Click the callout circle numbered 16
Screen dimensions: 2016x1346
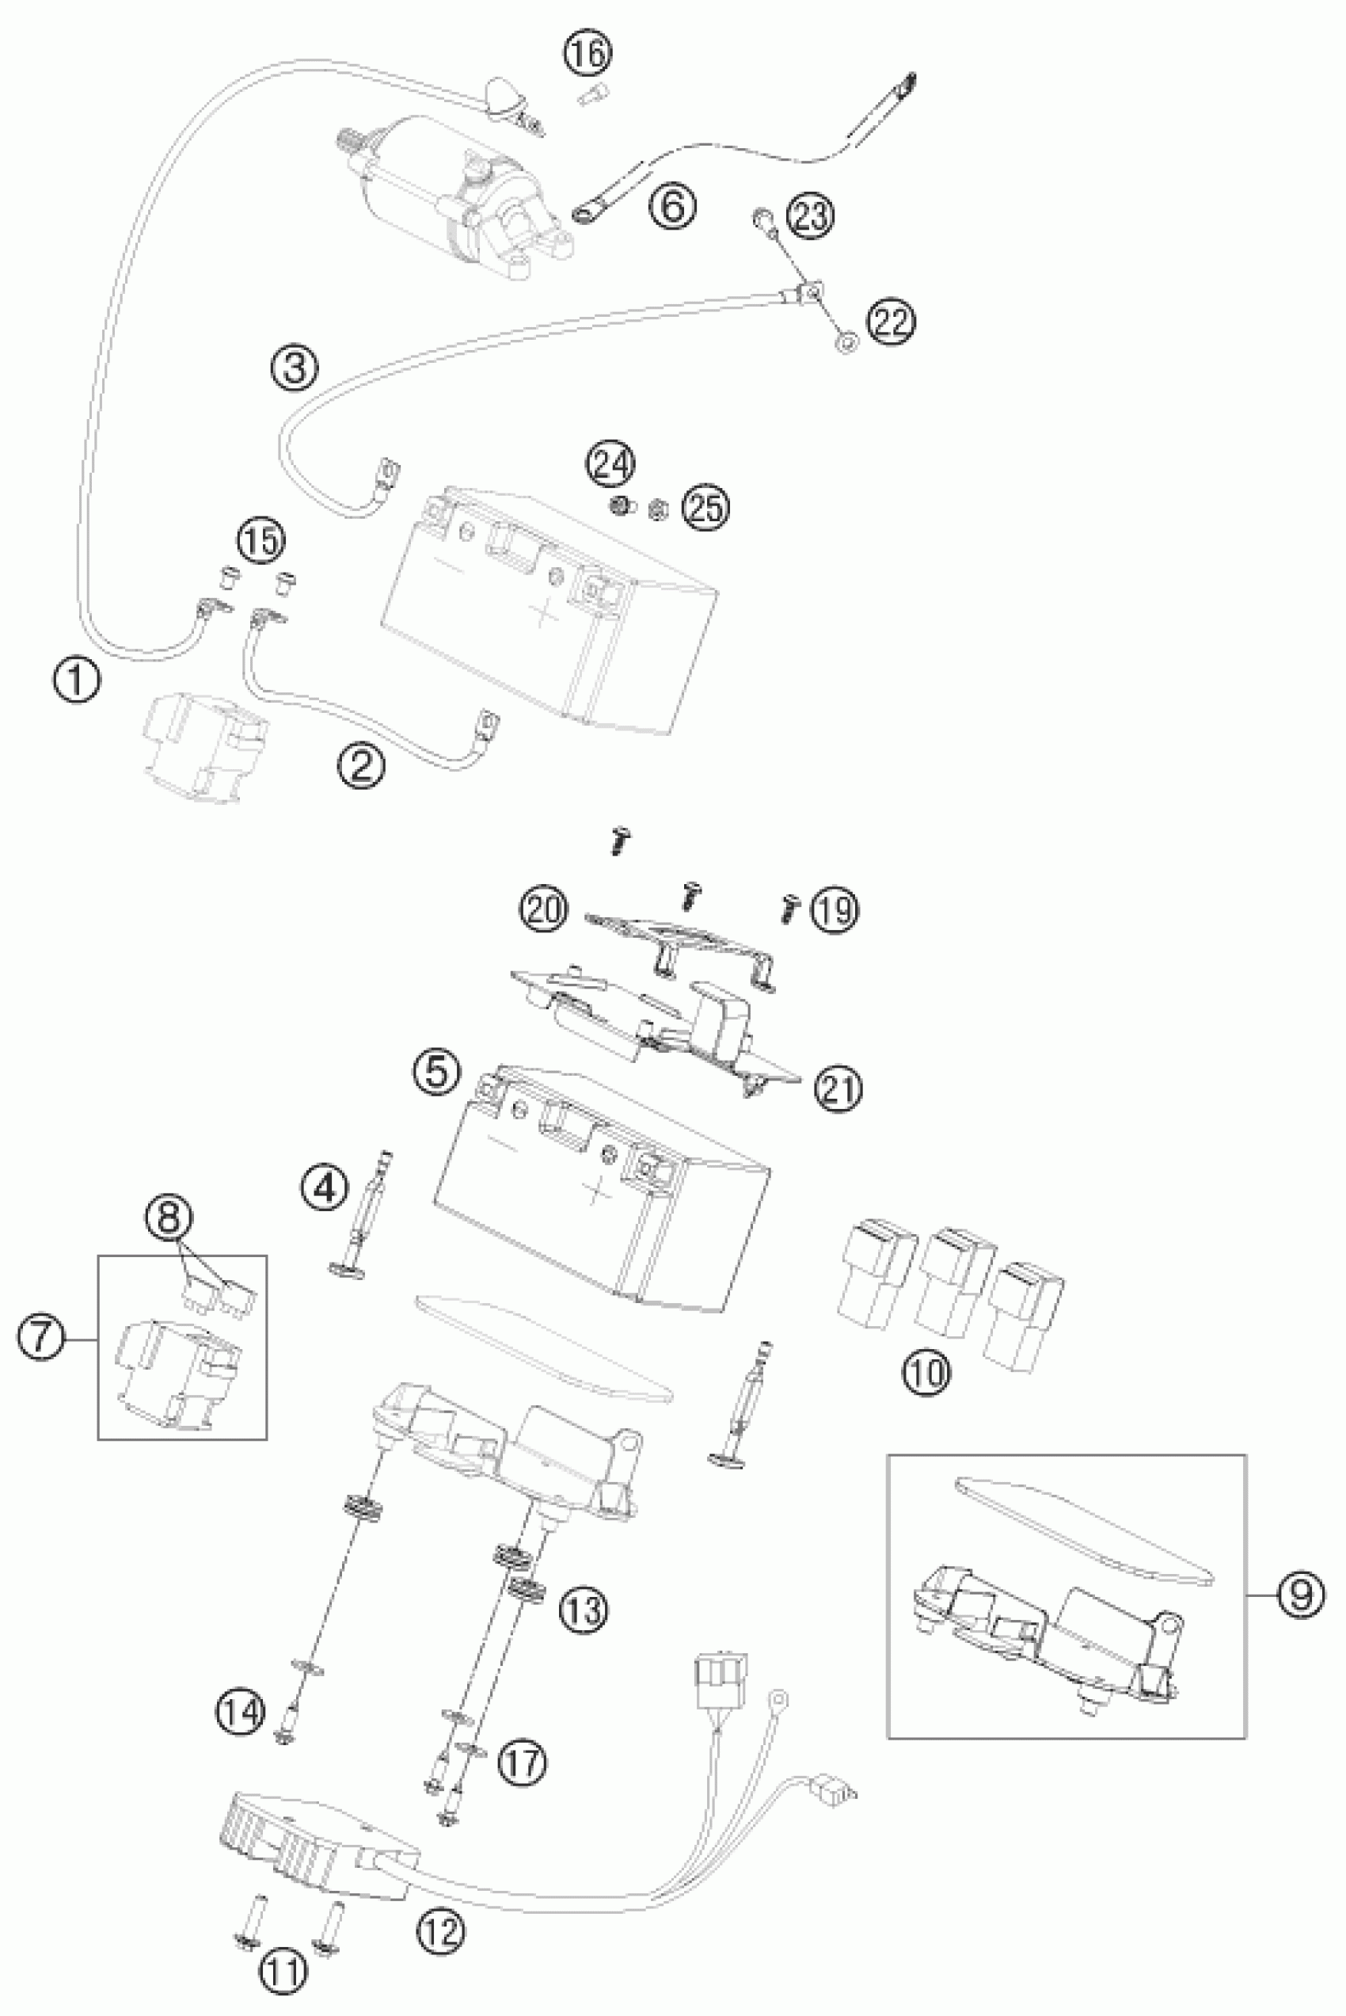tap(588, 53)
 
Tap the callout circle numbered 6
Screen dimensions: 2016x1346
tap(672, 206)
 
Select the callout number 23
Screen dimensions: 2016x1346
tap(810, 215)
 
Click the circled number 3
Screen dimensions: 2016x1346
tap(295, 368)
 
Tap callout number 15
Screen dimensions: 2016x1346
tap(261, 541)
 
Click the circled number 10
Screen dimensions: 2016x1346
tap(926, 1372)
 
